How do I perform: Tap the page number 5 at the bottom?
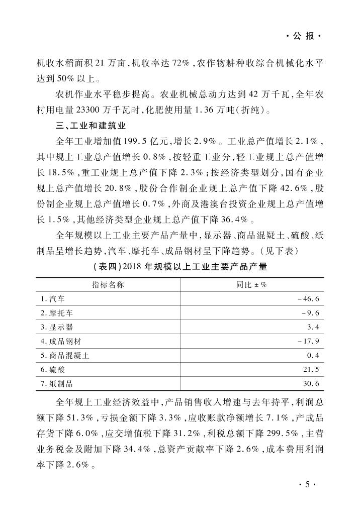click(x=302, y=485)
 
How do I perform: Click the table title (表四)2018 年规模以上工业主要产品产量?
click(x=180, y=267)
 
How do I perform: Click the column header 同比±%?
click(x=251, y=285)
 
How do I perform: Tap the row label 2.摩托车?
click(x=57, y=313)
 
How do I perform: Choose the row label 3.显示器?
click(x=57, y=327)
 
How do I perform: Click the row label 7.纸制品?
click(x=57, y=384)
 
